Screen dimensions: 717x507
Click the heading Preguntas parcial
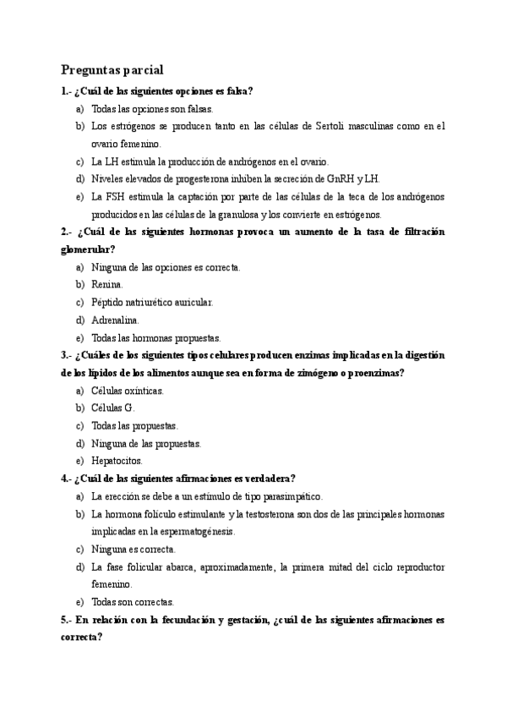[112, 69]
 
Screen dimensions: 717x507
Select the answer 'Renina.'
[107, 284]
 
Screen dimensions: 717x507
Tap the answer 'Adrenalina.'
[116, 320]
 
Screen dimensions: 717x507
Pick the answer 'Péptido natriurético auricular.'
[152, 302]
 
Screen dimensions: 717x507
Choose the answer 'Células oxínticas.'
[128, 391]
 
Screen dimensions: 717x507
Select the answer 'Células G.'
[113, 408]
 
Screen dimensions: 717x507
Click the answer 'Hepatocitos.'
[117, 461]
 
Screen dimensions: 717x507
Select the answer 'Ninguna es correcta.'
[134, 549]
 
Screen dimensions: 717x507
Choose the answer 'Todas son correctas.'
[133, 602]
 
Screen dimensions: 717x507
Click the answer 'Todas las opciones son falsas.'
[152, 109]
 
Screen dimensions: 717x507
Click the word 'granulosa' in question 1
[251, 214]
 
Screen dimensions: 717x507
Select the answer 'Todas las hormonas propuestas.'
[155, 337]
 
